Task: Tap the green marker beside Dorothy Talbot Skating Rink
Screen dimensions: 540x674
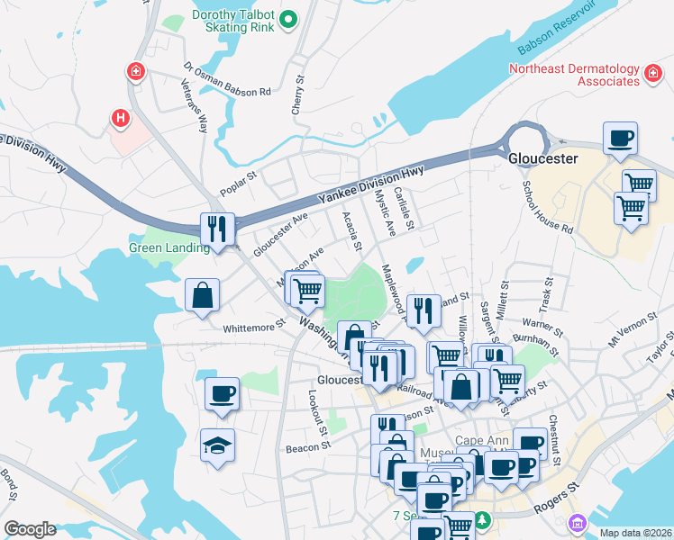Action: [x=288, y=19]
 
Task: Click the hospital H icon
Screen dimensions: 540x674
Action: [x=119, y=117]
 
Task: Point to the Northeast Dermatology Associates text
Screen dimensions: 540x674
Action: [x=572, y=76]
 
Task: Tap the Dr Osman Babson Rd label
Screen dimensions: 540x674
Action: [x=227, y=80]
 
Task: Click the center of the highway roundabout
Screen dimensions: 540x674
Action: [x=526, y=140]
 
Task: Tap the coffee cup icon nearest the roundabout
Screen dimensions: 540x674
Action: [x=620, y=139]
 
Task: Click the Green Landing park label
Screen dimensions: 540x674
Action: [x=169, y=248]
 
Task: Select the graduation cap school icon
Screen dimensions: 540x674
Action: [x=218, y=445]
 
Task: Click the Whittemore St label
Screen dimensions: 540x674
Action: [x=254, y=329]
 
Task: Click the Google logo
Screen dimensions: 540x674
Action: [x=30, y=529]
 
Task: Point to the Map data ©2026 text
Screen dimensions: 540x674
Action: [x=636, y=532]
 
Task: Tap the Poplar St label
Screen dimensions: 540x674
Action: [x=239, y=192]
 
